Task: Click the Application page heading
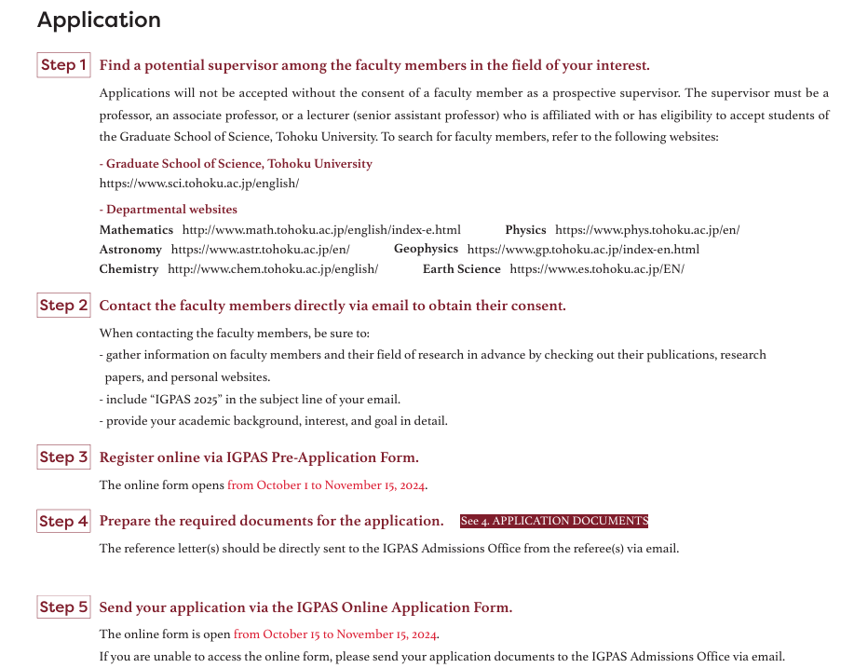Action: pyautogui.click(x=99, y=20)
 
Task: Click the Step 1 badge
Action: pyautogui.click(x=63, y=65)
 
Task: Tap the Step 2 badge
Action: pyautogui.click(x=63, y=306)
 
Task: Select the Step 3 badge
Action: pyautogui.click(x=63, y=457)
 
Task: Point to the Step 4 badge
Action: pyautogui.click(x=63, y=522)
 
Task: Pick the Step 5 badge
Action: pyautogui.click(x=63, y=607)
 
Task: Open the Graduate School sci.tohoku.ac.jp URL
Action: pyautogui.click(x=199, y=184)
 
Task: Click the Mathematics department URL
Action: pyautogui.click(x=321, y=230)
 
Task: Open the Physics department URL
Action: pyautogui.click(x=647, y=230)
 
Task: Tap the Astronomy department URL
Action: pyautogui.click(x=261, y=250)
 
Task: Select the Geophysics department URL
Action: pyautogui.click(x=583, y=250)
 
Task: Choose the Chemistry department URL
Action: pyautogui.click(x=273, y=269)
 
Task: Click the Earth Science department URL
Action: pyautogui.click(x=597, y=269)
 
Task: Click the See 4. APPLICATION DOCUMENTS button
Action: pyautogui.click(x=553, y=521)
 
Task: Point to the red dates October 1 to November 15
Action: pyautogui.click(x=327, y=485)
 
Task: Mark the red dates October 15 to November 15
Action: pyautogui.click(x=335, y=634)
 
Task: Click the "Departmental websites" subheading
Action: pyautogui.click(x=171, y=210)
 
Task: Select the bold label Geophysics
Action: pyautogui.click(x=426, y=249)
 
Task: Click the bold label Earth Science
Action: pyautogui.click(x=461, y=269)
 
